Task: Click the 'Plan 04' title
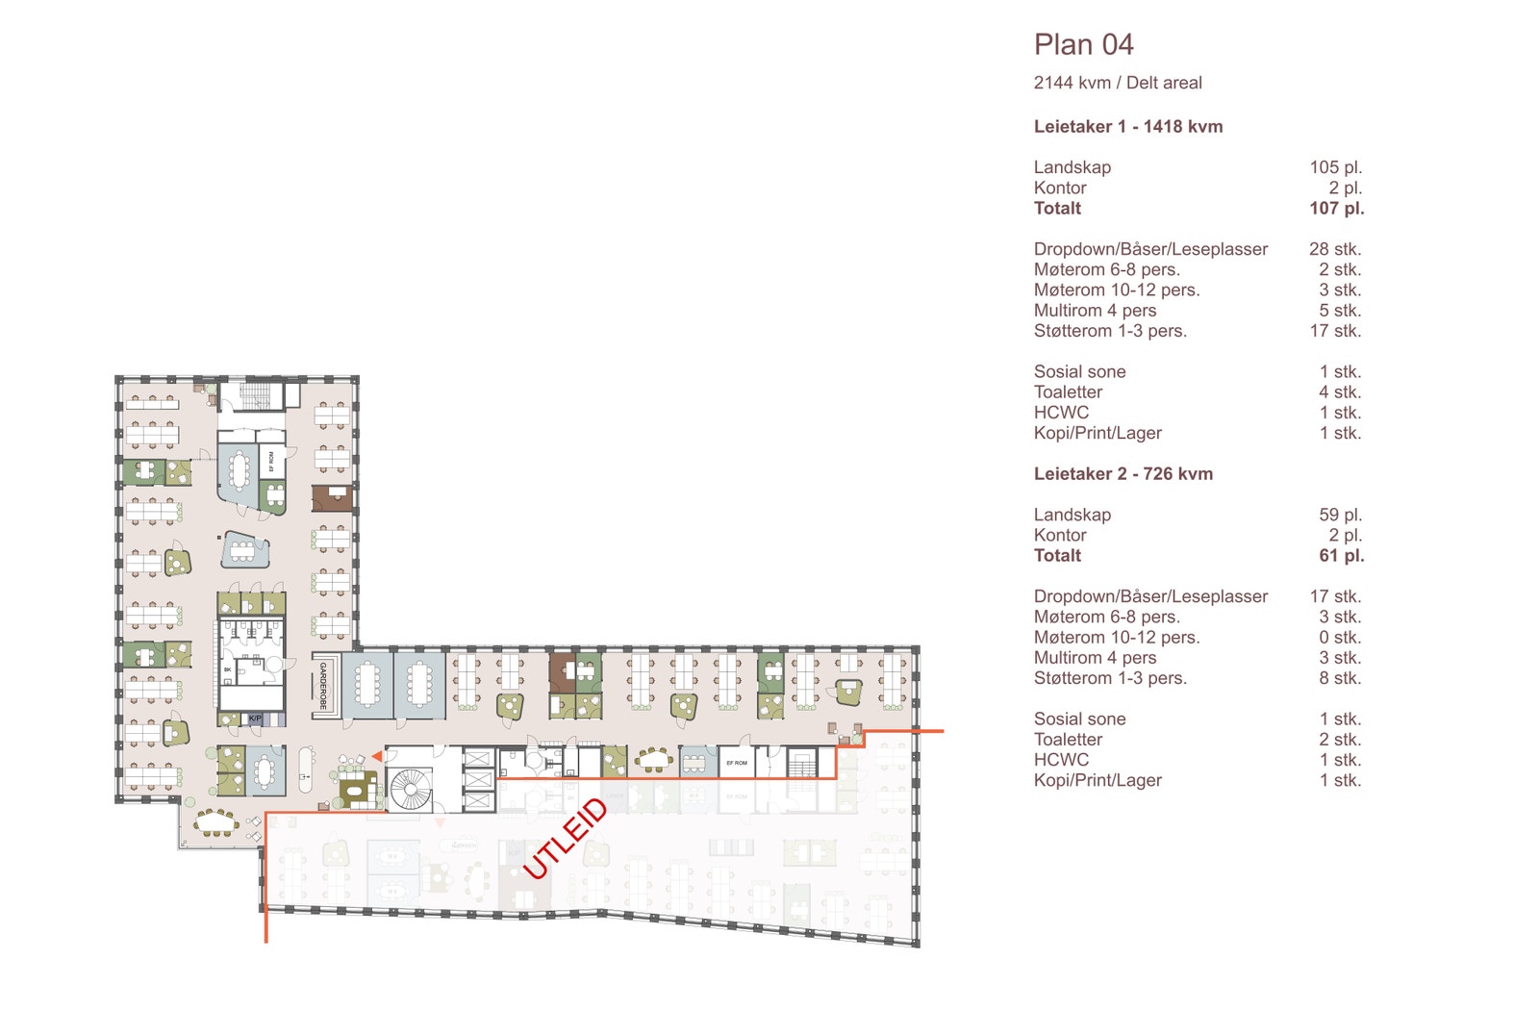coord(1083,45)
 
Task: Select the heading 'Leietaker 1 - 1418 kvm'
coord(1127,127)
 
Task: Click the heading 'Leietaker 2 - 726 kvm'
coord(1123,474)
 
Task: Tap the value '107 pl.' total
coord(1336,209)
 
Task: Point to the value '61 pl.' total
coord(1341,556)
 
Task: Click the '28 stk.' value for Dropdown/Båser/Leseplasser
coord(1334,249)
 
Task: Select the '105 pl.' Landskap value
coord(1335,167)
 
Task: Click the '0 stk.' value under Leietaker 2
coord(1339,638)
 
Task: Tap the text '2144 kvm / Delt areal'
coord(1117,84)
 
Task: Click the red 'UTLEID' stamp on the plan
coord(566,838)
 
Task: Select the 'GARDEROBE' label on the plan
coord(323,686)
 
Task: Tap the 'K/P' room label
coord(255,719)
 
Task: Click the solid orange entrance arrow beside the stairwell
coord(378,757)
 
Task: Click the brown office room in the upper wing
coord(333,498)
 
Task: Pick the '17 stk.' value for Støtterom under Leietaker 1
coord(1334,331)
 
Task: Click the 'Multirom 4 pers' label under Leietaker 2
coord(1095,658)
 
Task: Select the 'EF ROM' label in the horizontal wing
coord(736,763)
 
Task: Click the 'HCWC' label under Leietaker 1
coord(1061,413)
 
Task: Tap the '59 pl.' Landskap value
coord(1340,516)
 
